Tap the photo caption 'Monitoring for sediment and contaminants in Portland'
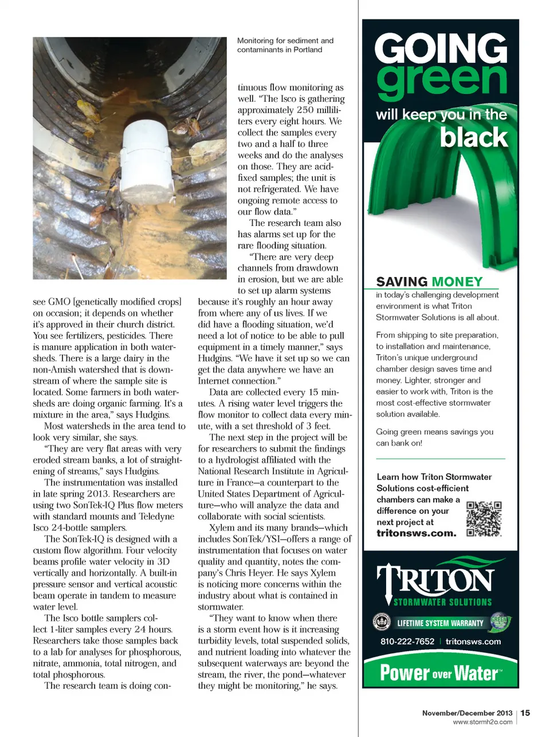pos(285,45)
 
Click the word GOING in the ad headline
pos(441,49)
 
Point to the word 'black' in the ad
pos(474,137)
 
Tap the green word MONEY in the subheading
pos(457,282)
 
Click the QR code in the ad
pos(484,519)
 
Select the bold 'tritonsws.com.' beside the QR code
pos(417,533)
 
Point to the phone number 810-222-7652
pos(407,641)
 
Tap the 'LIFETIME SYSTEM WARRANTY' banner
pos(440,623)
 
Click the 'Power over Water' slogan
pos(440,673)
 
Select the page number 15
pos(525,713)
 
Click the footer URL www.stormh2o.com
pos(482,722)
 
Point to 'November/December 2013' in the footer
pos(467,713)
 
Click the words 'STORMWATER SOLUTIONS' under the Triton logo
pos(442,603)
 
